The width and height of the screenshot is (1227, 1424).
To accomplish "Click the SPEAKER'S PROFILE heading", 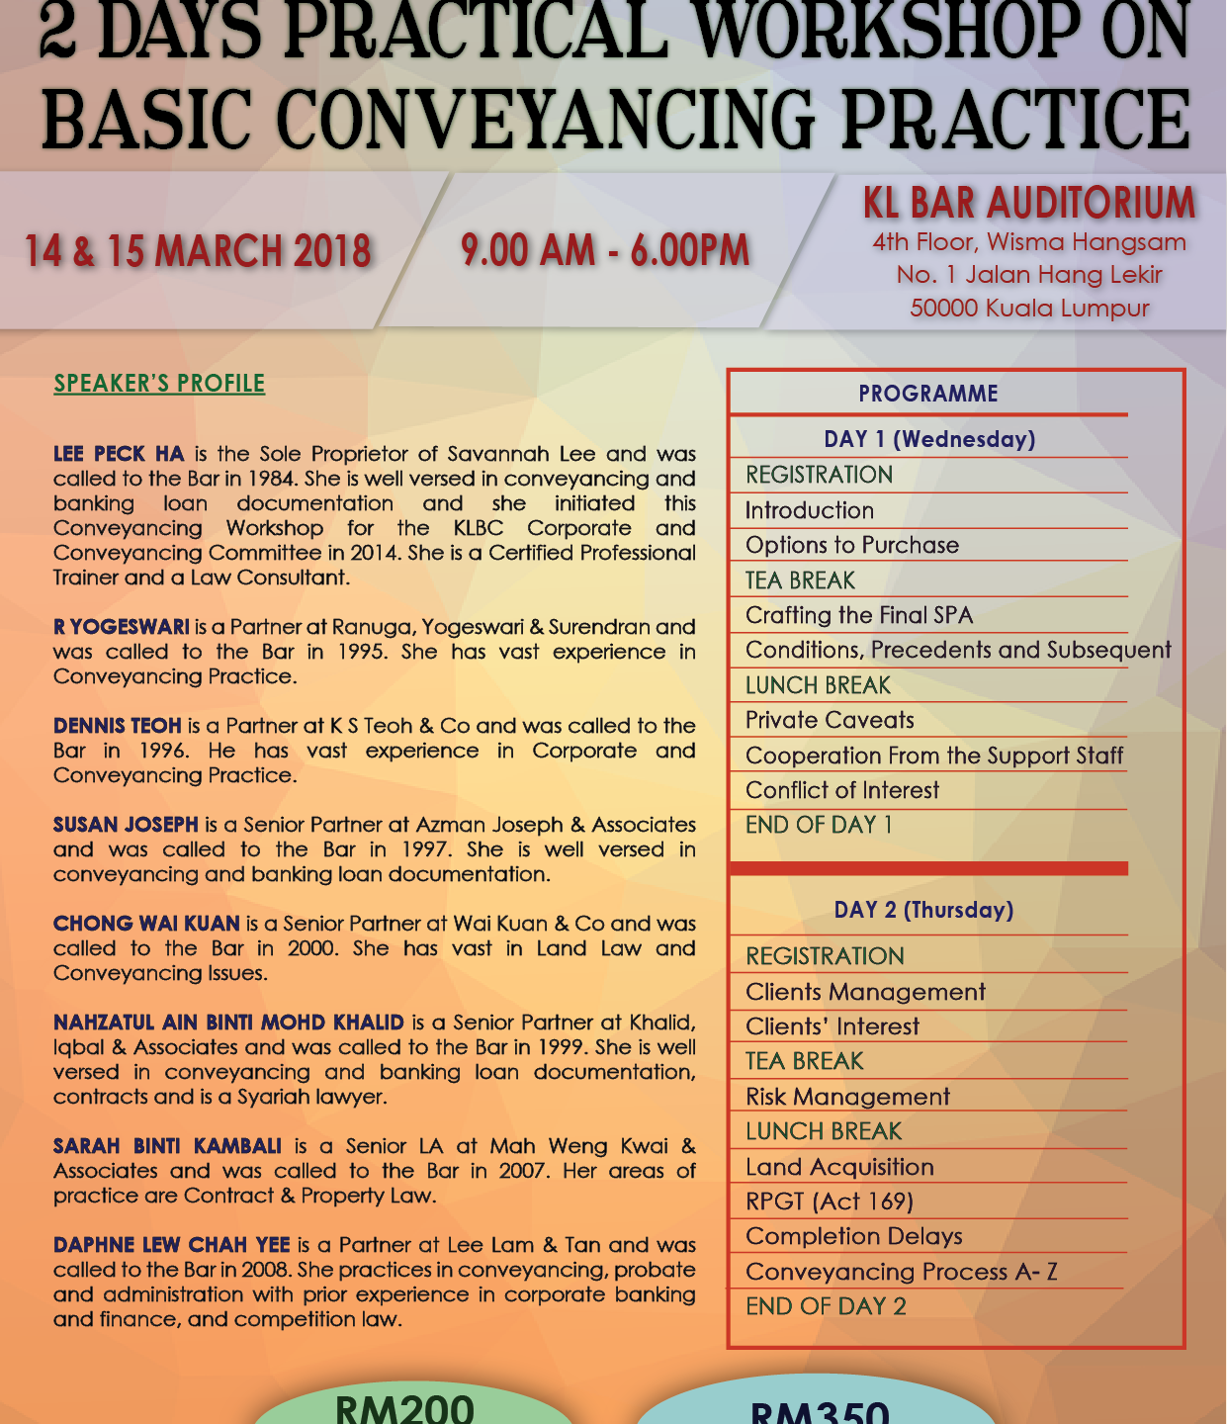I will tap(159, 384).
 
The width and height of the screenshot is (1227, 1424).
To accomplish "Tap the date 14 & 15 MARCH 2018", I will tap(198, 251).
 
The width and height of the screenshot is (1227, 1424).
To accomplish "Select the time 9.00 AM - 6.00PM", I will tap(605, 250).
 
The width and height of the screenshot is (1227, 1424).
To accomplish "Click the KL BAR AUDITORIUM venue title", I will tap(1029, 203).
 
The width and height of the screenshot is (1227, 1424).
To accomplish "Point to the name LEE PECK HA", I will tap(119, 454).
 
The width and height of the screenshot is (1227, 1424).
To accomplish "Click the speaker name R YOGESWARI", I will tap(122, 627).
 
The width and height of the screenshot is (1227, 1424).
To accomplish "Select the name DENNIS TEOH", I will tap(118, 726).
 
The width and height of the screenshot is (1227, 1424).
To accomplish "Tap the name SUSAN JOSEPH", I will tap(126, 825).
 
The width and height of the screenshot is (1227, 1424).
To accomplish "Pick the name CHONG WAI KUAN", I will tap(146, 924).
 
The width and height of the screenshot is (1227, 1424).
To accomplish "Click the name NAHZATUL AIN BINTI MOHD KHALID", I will tap(228, 1023).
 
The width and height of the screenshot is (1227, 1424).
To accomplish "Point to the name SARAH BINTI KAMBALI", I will tap(167, 1146).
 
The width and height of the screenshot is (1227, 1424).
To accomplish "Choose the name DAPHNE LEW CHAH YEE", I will tap(172, 1245).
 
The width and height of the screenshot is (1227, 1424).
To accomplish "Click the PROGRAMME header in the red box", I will tap(927, 394).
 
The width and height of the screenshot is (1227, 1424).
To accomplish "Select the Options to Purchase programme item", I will tap(851, 545).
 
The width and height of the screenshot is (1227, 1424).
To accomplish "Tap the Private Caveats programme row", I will tap(830, 720).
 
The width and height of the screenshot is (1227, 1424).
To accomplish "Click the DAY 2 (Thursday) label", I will tap(923, 910).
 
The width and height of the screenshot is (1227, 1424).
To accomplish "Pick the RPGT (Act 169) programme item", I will tap(829, 1201).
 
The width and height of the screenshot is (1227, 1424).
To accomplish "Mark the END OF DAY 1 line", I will tap(819, 825).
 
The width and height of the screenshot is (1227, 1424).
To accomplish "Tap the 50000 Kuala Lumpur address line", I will tap(1029, 309).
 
